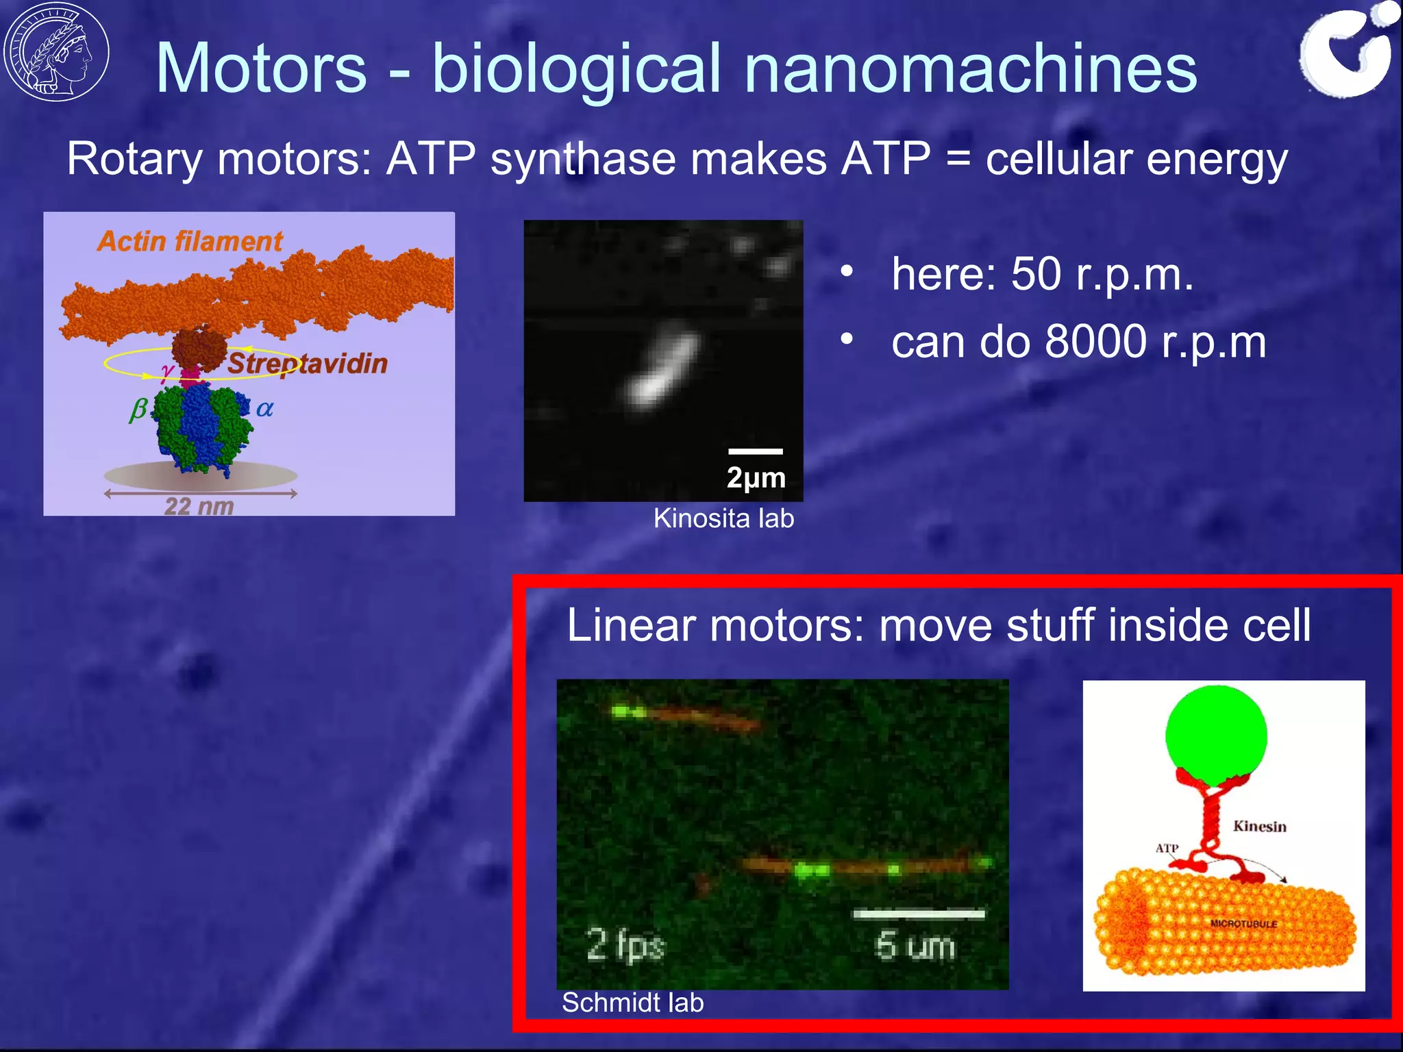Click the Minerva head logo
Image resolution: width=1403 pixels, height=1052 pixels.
[x=56, y=51]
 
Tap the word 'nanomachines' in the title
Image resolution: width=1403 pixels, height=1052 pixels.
[x=970, y=68]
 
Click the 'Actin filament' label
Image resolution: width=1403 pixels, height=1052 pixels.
[x=190, y=241]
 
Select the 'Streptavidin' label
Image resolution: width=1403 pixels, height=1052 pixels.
[x=308, y=364]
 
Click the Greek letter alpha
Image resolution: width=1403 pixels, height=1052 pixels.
[x=264, y=409]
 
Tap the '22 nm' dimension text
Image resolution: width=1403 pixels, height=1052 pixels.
[x=199, y=506]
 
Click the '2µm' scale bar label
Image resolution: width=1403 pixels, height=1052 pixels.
[x=756, y=477]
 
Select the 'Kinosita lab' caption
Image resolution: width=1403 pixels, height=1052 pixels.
[x=723, y=518]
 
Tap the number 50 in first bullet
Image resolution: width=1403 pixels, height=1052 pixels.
[x=1036, y=274]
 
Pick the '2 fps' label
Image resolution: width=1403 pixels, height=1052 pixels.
[x=625, y=944]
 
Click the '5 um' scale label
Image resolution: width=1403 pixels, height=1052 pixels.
[x=915, y=946]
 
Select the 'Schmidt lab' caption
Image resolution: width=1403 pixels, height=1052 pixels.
[x=632, y=1003]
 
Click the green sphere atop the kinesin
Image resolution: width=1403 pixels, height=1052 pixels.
[x=1216, y=736]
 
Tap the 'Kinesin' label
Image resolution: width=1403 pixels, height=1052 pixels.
[x=1259, y=826]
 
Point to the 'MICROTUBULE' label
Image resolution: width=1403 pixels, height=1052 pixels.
[x=1243, y=923]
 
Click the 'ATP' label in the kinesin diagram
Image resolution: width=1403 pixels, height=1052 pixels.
[x=1167, y=848]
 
